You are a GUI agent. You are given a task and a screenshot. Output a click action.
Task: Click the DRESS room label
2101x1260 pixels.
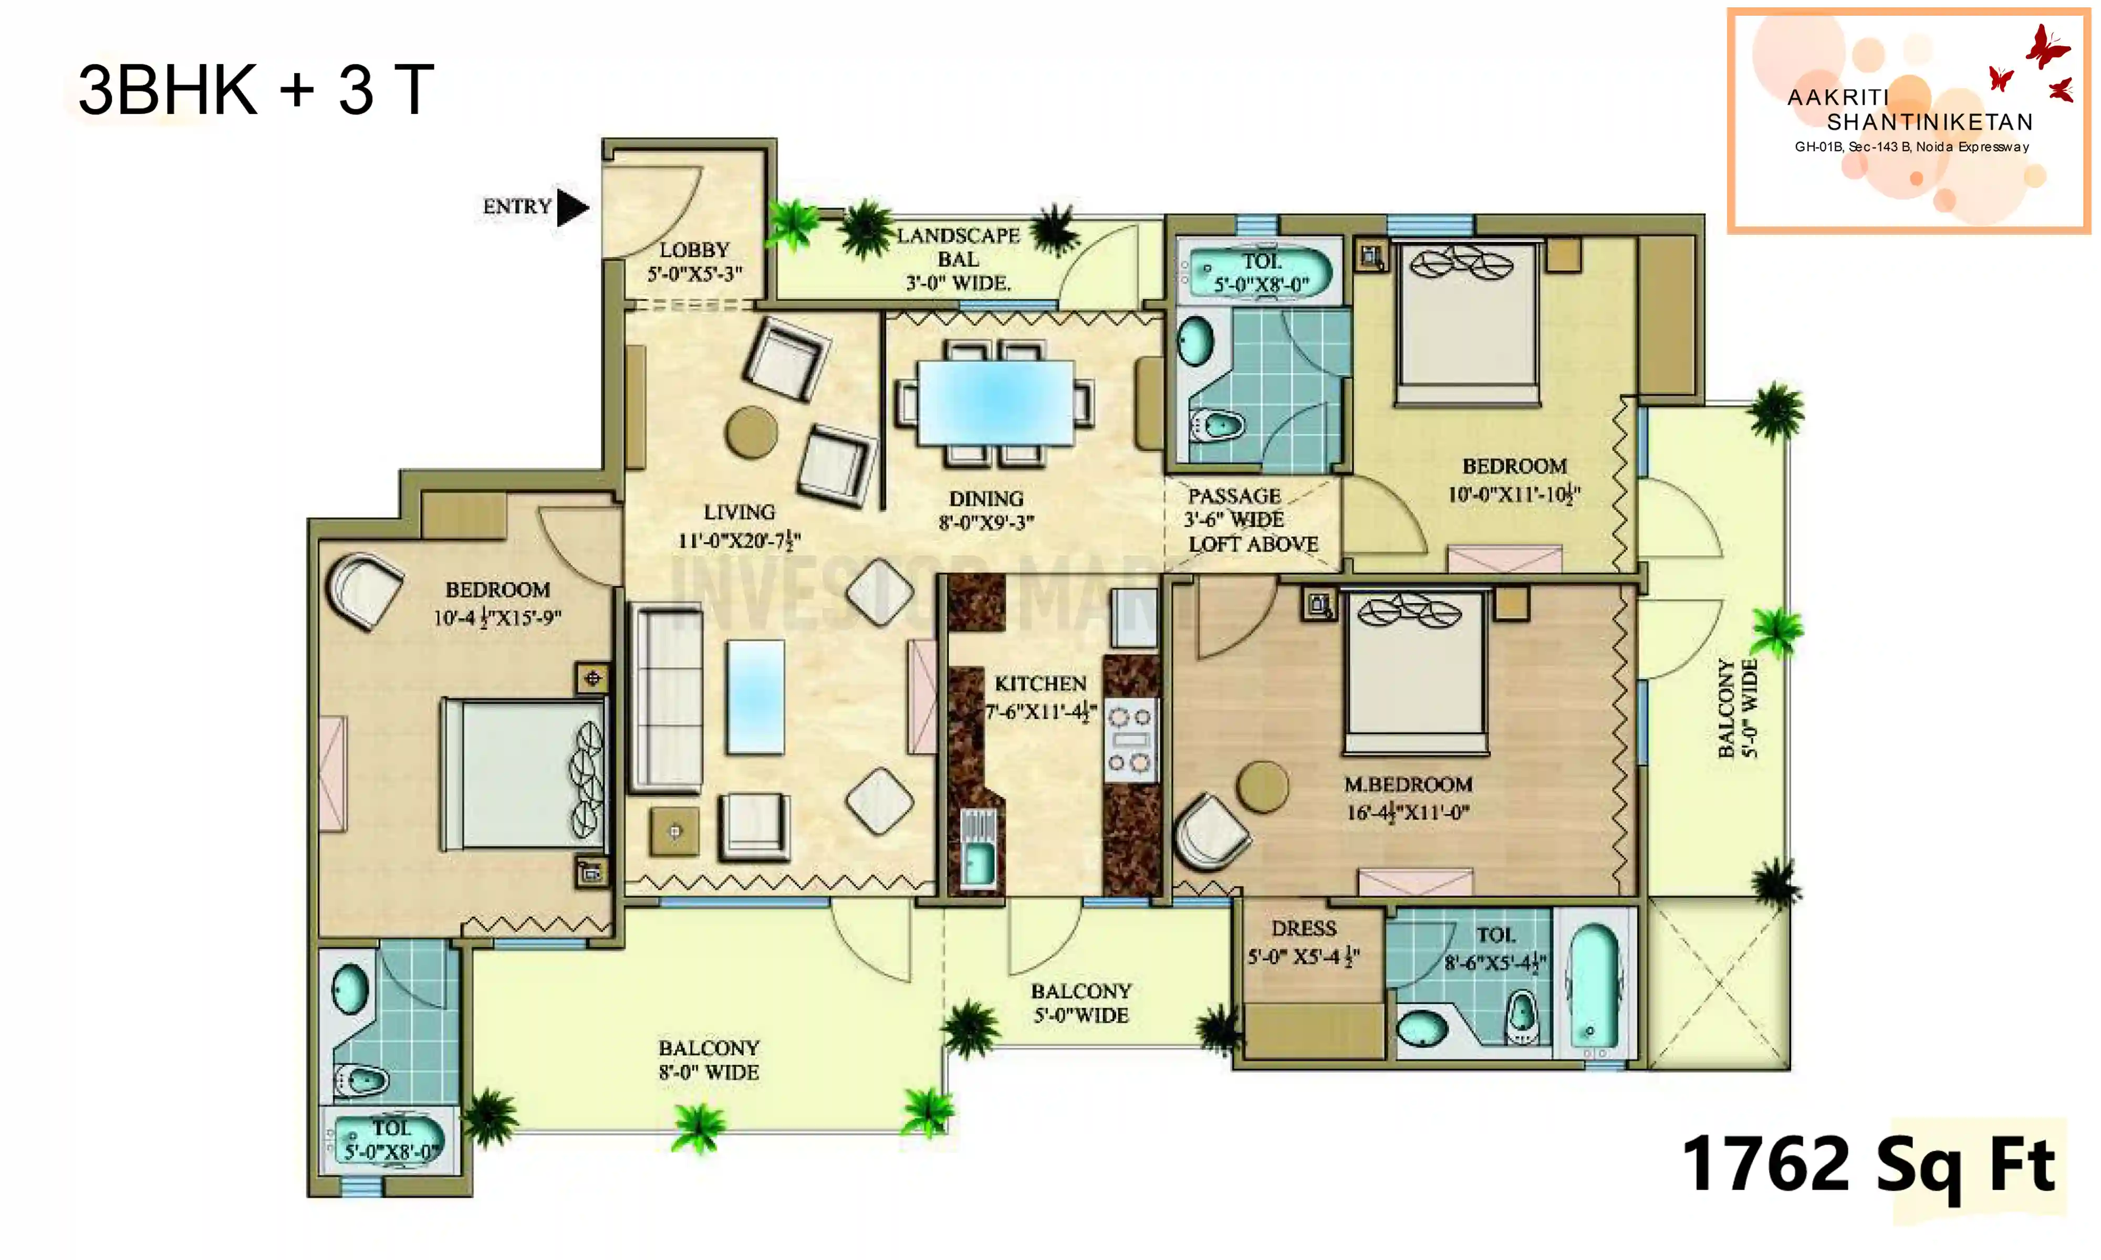tap(1304, 929)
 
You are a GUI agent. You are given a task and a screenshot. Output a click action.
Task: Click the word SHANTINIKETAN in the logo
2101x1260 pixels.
tap(1929, 122)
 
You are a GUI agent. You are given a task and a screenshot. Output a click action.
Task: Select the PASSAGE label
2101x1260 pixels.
tap(1233, 496)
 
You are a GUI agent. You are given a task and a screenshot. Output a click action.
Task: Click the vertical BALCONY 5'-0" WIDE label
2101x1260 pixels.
tap(1736, 707)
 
